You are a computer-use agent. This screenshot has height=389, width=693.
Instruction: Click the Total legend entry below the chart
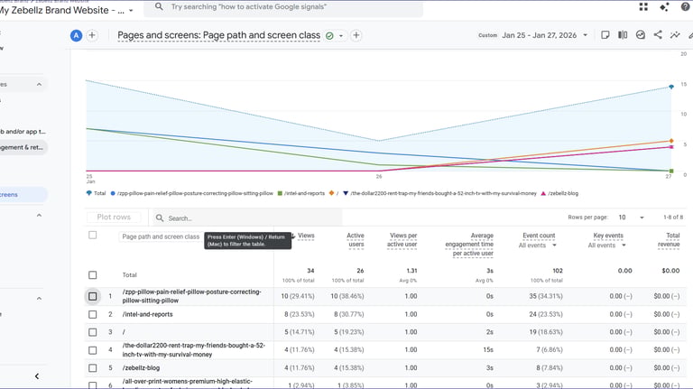click(x=96, y=193)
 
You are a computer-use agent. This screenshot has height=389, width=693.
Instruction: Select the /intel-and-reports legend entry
click(x=303, y=193)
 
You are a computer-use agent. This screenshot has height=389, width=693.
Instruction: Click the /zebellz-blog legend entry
click(x=560, y=193)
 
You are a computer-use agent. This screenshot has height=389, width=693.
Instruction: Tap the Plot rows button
click(x=114, y=218)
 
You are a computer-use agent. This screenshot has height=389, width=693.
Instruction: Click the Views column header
click(x=306, y=236)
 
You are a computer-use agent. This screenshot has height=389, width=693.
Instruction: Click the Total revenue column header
click(x=668, y=240)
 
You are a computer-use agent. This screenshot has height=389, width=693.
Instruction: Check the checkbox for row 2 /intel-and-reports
click(x=92, y=314)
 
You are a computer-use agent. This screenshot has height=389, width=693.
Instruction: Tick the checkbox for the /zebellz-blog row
click(x=92, y=368)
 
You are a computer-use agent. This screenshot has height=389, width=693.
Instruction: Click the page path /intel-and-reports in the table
click(x=147, y=314)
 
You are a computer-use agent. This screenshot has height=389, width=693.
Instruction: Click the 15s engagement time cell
click(x=487, y=350)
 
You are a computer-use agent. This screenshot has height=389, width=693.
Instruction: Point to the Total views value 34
click(x=310, y=270)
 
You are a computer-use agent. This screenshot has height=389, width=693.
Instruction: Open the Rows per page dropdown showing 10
click(x=631, y=218)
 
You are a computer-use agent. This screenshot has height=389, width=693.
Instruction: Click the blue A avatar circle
click(x=76, y=35)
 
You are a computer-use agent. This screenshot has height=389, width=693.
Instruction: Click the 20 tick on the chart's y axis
click(x=684, y=54)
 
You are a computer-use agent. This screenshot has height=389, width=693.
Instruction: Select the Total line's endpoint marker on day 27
click(x=670, y=87)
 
